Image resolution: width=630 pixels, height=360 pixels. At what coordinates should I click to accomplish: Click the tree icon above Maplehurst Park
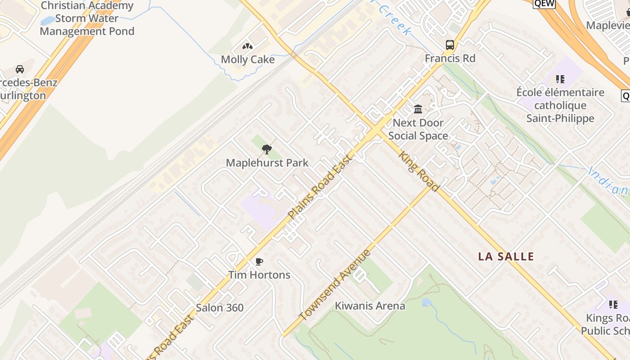267,149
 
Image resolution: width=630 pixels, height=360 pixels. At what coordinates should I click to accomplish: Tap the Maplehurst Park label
267,163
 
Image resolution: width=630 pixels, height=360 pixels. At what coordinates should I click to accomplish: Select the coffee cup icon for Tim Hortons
259,261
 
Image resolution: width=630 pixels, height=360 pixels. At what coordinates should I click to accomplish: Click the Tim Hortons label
259,275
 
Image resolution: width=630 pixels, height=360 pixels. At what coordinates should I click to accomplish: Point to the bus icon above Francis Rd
450,45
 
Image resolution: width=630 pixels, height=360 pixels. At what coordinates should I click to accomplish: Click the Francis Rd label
450,58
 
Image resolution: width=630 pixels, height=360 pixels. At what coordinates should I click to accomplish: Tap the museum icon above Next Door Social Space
418,109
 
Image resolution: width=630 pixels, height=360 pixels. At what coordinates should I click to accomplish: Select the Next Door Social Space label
418,129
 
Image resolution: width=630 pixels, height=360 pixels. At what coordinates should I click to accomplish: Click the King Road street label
418,171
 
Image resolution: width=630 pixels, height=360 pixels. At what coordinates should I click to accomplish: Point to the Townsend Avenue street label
335,285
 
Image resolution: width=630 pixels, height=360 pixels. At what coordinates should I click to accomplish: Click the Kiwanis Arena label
370,306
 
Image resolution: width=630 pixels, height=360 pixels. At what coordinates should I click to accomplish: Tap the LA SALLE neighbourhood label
506,257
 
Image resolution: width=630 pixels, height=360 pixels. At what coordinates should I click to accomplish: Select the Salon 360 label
220,308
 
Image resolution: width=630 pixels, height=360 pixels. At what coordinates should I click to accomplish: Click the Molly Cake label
247,59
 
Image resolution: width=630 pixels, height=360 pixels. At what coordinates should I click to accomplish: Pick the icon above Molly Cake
247,46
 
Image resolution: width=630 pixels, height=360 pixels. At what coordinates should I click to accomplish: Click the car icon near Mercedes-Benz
19,69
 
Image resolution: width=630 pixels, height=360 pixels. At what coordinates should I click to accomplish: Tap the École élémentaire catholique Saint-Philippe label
560,105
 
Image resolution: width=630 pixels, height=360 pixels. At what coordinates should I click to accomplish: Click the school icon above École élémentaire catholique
560,80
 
